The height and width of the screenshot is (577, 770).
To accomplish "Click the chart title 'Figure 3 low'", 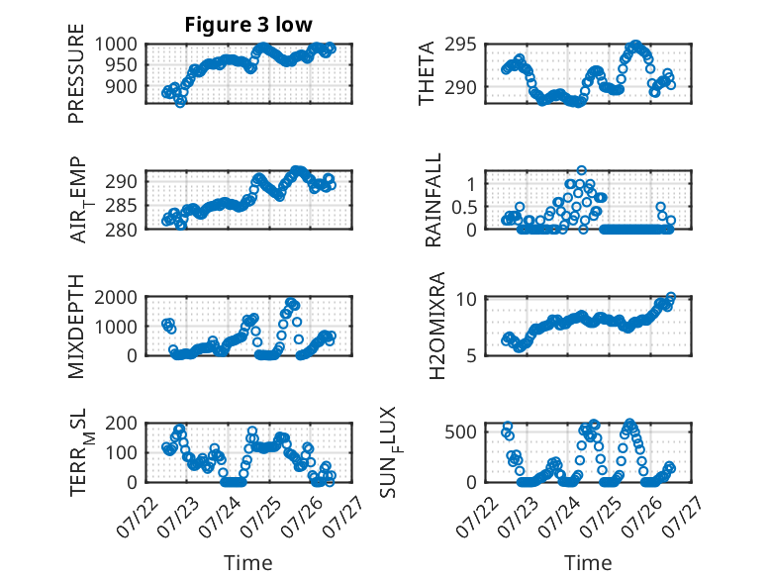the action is (248, 25).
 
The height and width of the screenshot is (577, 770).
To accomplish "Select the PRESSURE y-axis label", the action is (76, 73).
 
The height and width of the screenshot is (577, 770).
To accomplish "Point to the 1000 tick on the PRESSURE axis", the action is (116, 45).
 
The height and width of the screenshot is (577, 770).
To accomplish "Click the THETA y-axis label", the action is (427, 73).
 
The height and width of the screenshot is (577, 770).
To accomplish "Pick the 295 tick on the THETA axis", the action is (460, 45).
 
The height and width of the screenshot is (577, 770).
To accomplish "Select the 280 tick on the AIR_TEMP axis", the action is (122, 230).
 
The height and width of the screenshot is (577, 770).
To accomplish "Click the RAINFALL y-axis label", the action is (433, 200).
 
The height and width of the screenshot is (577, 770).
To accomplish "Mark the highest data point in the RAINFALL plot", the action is (581, 170).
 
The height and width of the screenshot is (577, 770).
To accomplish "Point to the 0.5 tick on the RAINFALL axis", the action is (464, 207).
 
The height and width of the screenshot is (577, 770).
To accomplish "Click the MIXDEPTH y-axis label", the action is (76, 327).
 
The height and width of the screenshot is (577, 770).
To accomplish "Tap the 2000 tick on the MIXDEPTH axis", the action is (116, 297).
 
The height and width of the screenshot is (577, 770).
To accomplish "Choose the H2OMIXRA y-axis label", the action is (436, 326).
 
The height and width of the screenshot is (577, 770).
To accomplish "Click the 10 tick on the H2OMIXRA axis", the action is (466, 299).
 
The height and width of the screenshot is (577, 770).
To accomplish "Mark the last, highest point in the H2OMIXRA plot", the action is (671, 297).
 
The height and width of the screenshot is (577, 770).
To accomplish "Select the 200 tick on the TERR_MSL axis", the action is (122, 423).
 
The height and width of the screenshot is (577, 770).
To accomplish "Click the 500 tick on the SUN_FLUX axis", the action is (460, 432).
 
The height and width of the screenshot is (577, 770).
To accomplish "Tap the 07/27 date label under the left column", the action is (343, 516).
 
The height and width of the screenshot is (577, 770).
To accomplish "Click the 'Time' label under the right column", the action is (588, 562).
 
